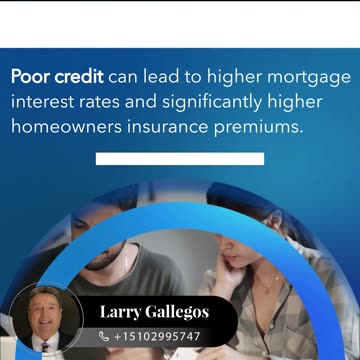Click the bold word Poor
(32, 76)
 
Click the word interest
(45, 101)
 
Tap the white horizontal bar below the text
(180, 158)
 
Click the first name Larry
(120, 313)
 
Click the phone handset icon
(105, 337)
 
